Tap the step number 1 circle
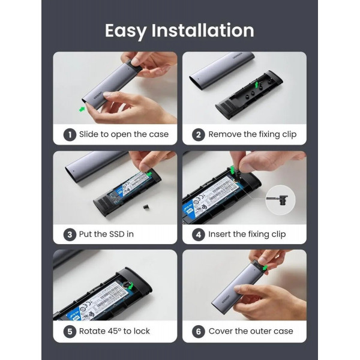point(70,134)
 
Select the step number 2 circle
point(199,134)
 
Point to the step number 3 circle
point(70,233)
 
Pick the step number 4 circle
point(199,233)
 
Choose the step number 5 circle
point(70,331)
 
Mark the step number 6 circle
point(199,331)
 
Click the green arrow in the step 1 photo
point(82,109)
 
